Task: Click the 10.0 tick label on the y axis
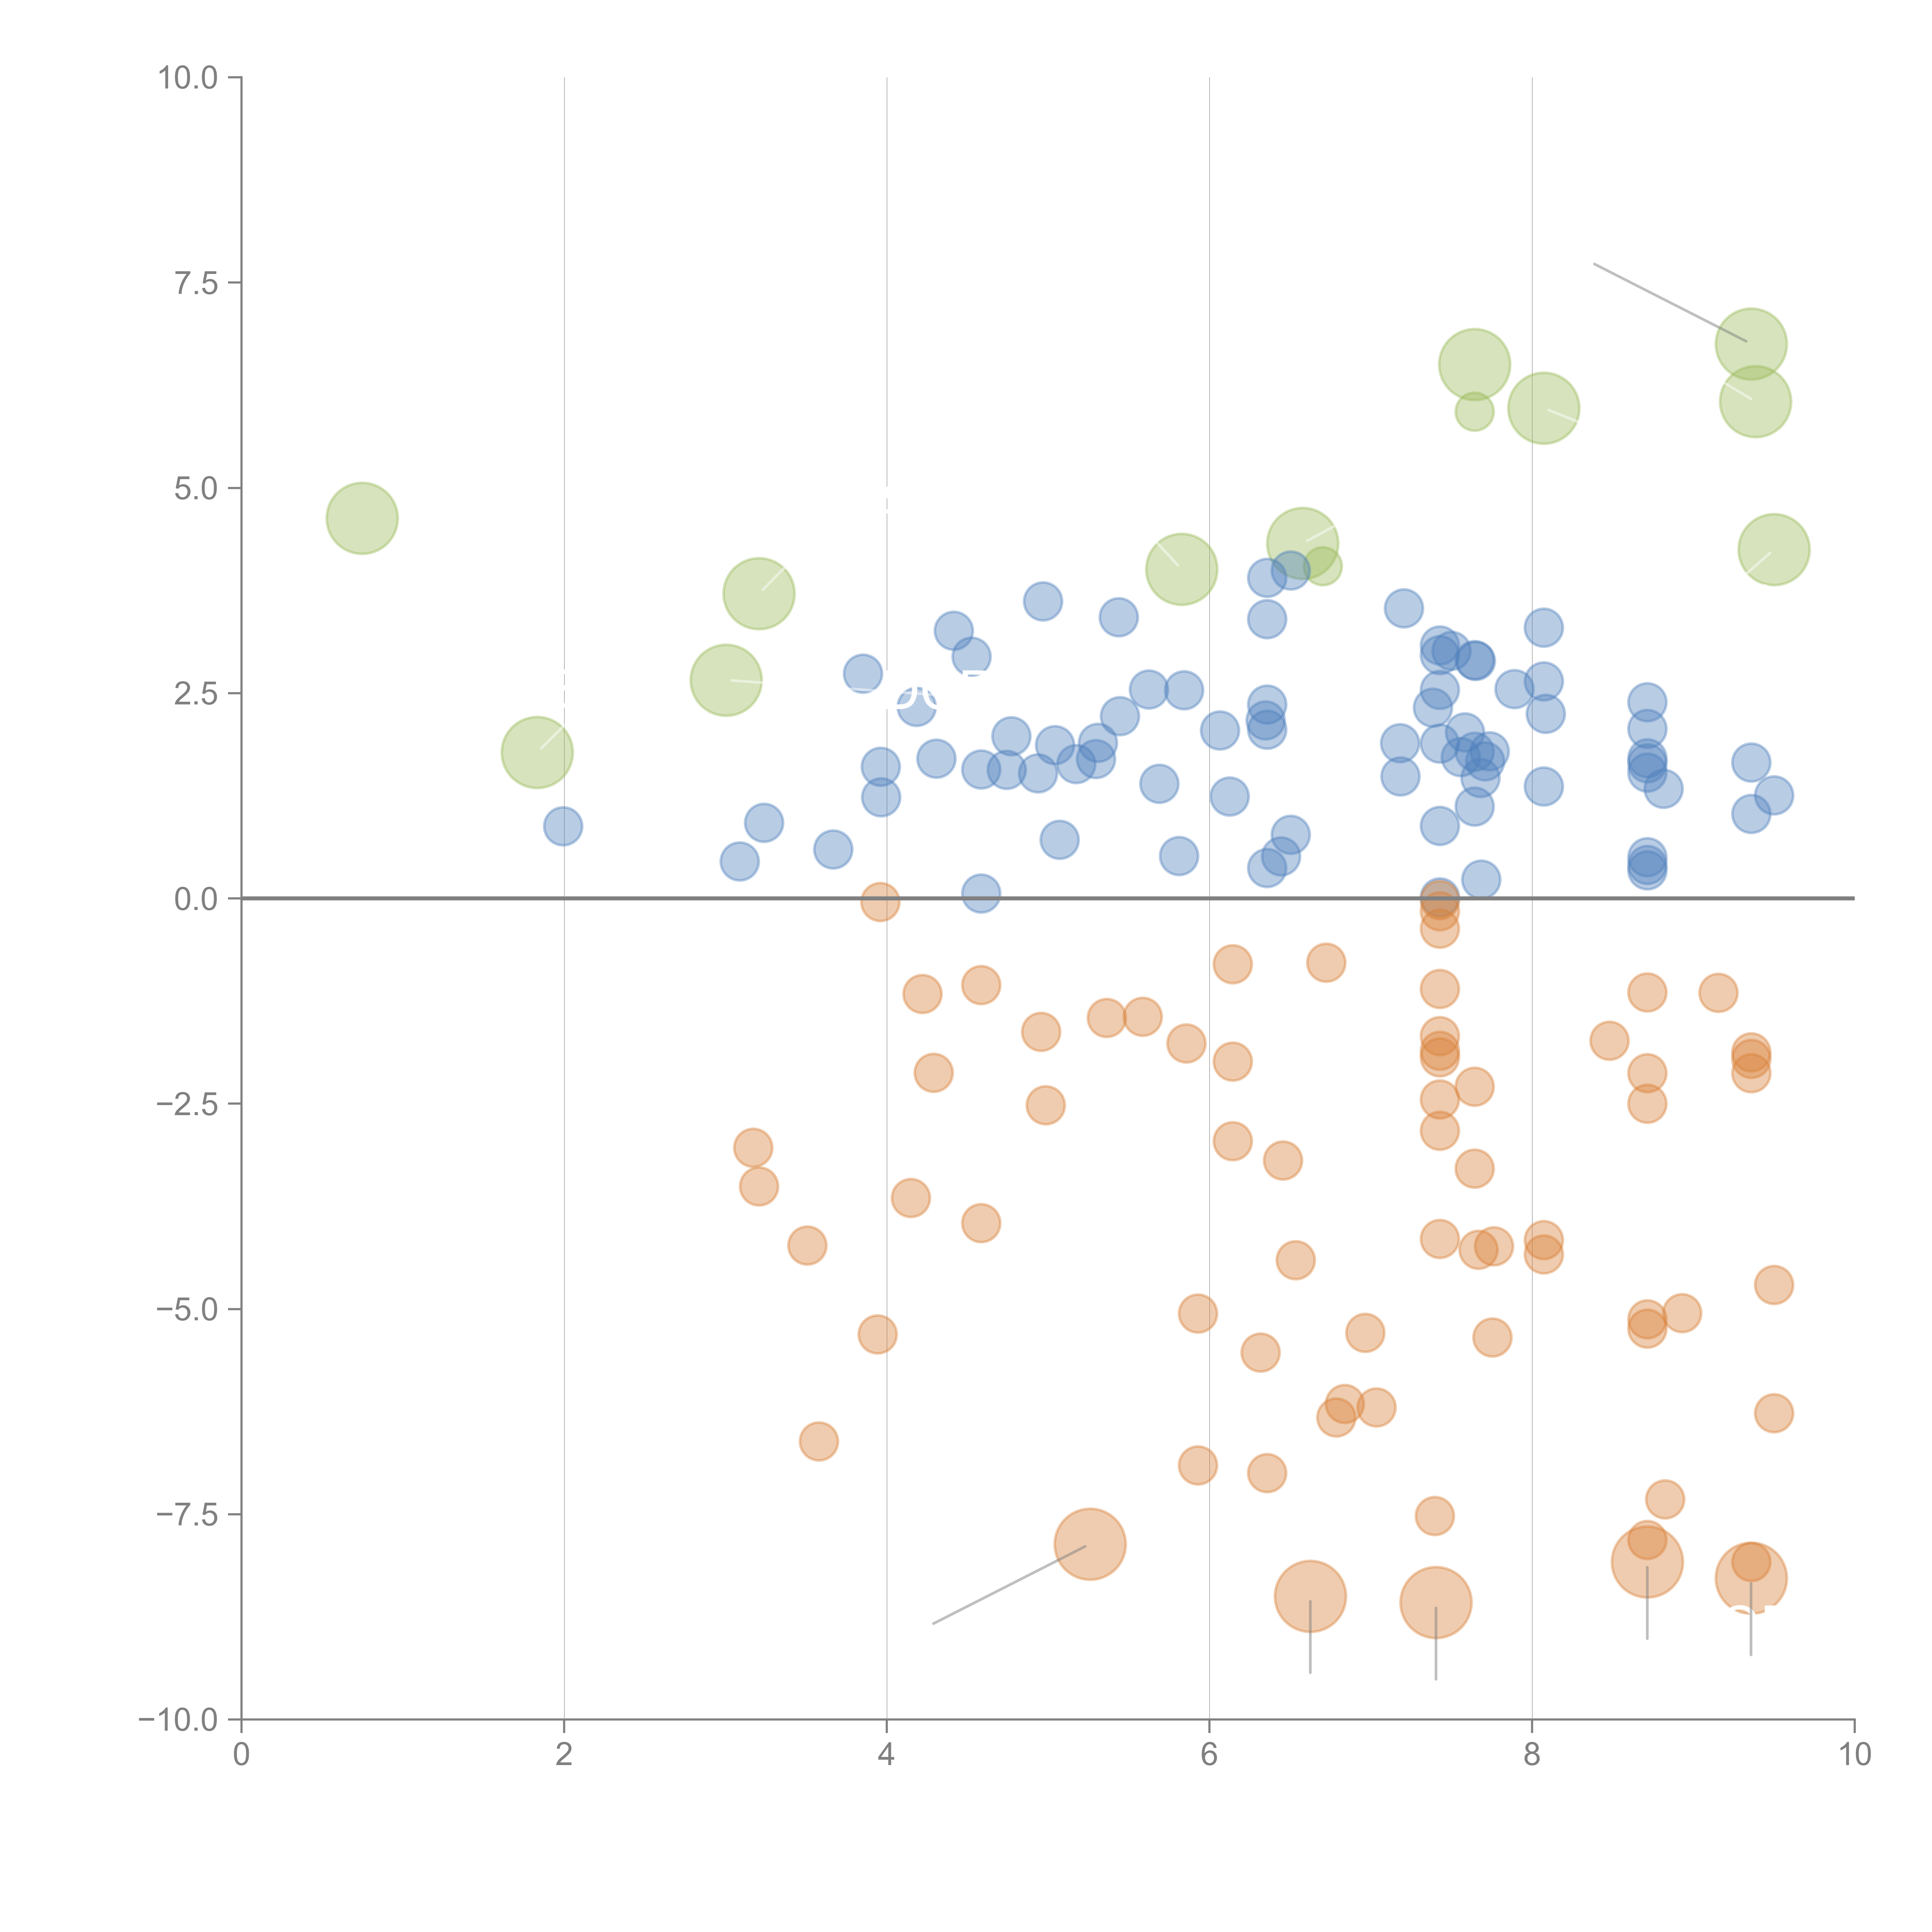(x=188, y=78)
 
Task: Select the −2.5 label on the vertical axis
(x=188, y=1104)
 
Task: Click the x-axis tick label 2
(x=564, y=1755)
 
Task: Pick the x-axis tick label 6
(x=1209, y=1755)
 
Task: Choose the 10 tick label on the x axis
(x=1854, y=1755)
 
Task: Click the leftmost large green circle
(x=362, y=518)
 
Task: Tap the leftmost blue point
(x=563, y=826)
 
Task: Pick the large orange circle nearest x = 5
(x=1090, y=1544)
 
